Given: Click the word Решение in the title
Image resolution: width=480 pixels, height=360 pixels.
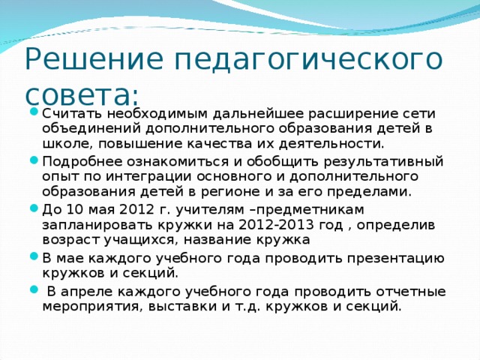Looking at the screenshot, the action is pos(94,58).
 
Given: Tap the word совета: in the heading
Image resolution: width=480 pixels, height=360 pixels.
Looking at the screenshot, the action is pos(82,94).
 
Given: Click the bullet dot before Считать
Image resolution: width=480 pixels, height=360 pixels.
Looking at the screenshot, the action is pos(34,111).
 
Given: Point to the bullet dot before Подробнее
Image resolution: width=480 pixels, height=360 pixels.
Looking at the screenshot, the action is pos(34,160).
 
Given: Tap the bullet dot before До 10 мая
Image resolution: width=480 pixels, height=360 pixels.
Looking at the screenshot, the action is pos(34,208).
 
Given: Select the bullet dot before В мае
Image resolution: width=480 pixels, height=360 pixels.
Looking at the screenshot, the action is pos(34,256).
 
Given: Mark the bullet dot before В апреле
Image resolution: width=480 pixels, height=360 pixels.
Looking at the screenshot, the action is pos(34,289).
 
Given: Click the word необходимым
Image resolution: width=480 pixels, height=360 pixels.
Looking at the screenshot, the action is pos(157,114).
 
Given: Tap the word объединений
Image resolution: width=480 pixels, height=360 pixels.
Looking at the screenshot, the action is pos(91,128).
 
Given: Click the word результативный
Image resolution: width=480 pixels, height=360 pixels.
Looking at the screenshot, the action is pos(383,163).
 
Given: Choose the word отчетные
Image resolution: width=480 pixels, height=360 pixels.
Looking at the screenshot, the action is pos(411,292).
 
